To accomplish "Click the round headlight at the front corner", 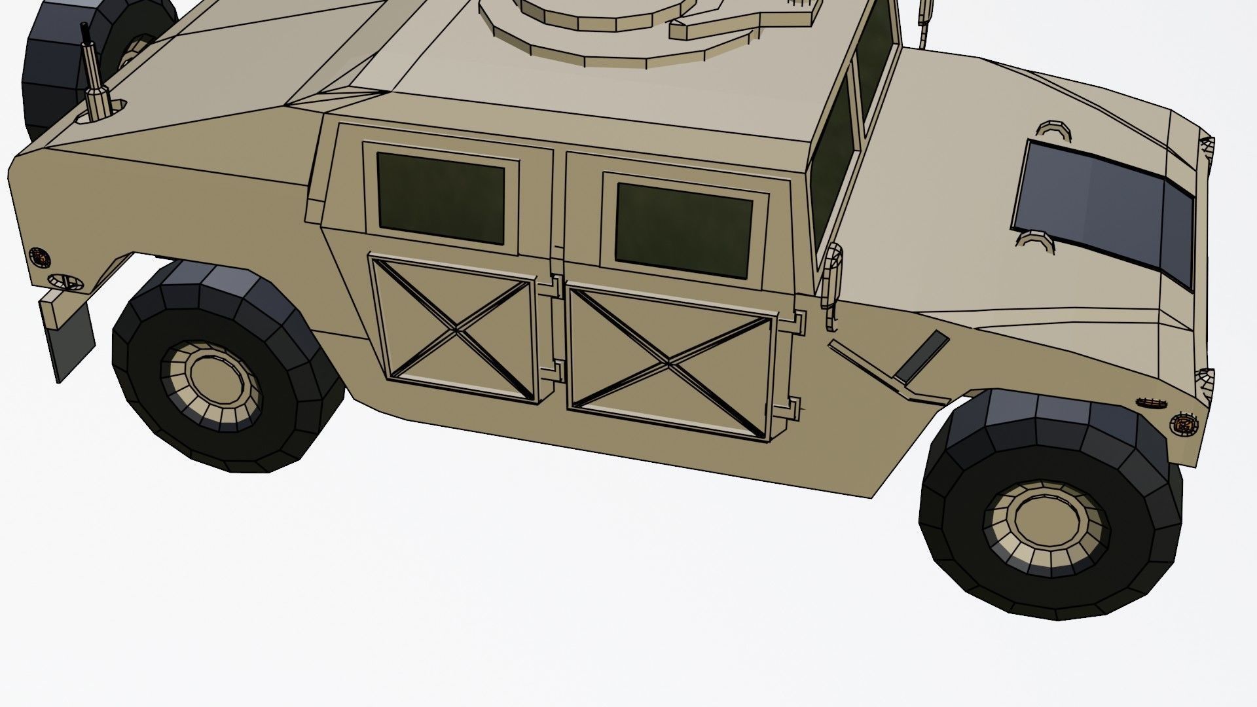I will pyautogui.click(x=1183, y=424).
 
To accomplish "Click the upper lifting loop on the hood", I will pyautogui.click(x=1053, y=131).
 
